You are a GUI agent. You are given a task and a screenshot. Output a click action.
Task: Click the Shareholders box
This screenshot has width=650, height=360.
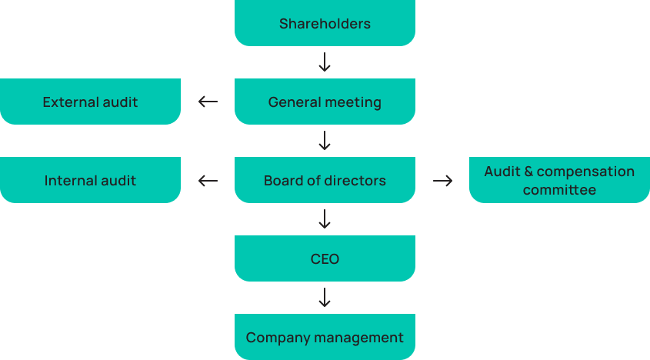[x=325, y=23]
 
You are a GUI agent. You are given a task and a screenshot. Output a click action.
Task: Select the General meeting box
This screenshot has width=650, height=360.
[x=325, y=102]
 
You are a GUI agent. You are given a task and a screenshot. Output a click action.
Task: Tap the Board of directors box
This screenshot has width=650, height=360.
[x=325, y=180]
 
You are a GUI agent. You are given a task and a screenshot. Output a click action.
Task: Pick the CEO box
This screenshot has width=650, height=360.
[x=325, y=258]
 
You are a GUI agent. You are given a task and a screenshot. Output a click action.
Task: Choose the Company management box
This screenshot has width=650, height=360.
[x=325, y=337]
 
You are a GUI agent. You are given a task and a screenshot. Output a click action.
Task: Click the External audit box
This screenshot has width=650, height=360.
[x=90, y=102]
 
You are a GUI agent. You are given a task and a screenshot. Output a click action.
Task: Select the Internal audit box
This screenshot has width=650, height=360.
[x=90, y=180]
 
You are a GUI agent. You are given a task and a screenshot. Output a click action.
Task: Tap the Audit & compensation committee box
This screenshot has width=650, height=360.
[x=559, y=180]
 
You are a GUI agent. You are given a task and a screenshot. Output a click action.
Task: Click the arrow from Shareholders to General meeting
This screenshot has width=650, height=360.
[x=325, y=62]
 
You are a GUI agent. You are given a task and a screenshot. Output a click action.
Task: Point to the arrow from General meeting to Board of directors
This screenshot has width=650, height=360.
[x=325, y=141]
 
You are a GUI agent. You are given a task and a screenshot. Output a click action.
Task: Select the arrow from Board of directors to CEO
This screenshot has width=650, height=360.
[x=325, y=219]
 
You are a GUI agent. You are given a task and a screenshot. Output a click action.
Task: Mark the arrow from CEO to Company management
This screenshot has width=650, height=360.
[x=325, y=298]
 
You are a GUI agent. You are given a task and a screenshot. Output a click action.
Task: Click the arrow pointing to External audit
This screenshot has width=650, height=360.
[x=208, y=102]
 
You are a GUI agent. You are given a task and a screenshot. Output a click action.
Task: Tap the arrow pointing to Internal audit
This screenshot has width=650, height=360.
[x=208, y=180]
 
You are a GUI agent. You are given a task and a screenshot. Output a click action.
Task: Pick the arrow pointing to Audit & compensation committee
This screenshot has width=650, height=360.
[x=442, y=180]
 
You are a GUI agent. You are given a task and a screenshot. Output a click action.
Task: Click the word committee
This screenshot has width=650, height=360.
[x=559, y=190]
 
